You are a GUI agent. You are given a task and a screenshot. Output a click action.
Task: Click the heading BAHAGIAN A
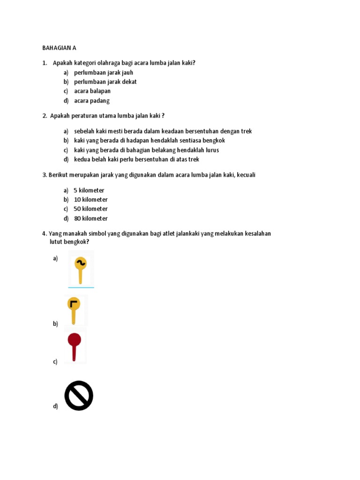59,48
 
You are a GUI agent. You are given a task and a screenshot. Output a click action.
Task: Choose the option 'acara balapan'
92,91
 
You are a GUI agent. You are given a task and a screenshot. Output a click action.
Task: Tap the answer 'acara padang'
92,100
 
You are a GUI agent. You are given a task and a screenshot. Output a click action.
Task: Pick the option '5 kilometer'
89,190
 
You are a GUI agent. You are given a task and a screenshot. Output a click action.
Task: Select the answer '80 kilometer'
90,218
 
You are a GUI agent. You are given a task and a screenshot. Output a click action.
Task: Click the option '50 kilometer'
90,209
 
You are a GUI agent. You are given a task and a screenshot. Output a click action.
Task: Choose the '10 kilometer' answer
90,200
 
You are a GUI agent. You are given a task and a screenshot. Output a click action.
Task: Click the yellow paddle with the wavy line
80,270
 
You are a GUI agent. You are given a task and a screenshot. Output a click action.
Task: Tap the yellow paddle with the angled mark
74,309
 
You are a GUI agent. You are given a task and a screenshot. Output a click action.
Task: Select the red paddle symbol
74,346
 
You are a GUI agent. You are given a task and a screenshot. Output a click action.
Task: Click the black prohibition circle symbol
79,396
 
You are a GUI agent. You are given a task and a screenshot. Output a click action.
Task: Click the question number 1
44,63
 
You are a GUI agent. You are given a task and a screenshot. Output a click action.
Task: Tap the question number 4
44,233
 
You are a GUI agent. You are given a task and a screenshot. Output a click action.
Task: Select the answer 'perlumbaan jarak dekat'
105,82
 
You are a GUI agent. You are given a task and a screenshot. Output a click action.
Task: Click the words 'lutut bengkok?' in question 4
69,242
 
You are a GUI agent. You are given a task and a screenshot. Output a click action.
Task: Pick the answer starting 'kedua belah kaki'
136,159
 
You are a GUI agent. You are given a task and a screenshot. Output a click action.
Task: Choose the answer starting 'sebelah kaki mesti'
163,131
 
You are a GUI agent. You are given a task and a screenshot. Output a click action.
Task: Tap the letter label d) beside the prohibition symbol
55,406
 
